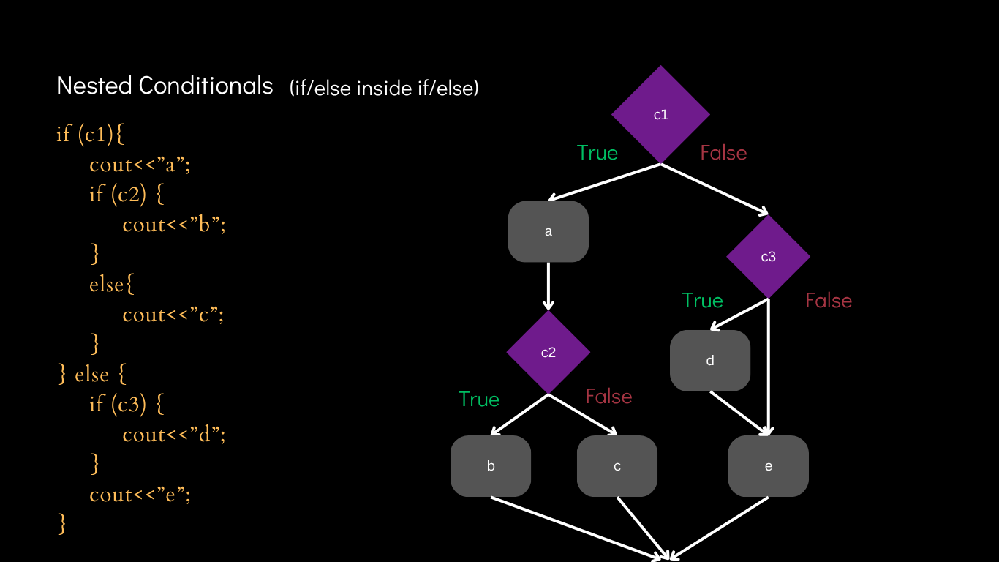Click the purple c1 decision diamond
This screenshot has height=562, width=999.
pyautogui.click(x=660, y=115)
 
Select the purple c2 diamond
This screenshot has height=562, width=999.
pyautogui.click(x=548, y=353)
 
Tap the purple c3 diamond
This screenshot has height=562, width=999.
pyautogui.click(x=768, y=257)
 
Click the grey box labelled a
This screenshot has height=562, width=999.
pyautogui.click(x=548, y=232)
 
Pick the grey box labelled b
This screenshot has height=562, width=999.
pyautogui.click(x=491, y=466)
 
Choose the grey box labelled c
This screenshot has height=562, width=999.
pyautogui.click(x=617, y=466)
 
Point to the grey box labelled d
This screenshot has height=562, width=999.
pyautogui.click(x=710, y=361)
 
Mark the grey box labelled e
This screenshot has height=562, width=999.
pyautogui.click(x=768, y=466)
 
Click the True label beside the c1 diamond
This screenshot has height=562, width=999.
pyautogui.click(x=597, y=153)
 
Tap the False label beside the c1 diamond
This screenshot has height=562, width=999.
pyautogui.click(x=723, y=153)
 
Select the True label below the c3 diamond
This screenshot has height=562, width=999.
pyautogui.click(x=702, y=301)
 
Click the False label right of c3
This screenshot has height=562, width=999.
pyautogui.click(x=829, y=301)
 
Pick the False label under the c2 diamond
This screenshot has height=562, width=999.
pyautogui.click(x=608, y=397)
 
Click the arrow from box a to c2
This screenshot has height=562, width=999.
pyautogui.click(x=548, y=285)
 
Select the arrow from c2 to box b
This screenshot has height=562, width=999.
pyautogui.click(x=519, y=415)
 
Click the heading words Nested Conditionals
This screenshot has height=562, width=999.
pyautogui.click(x=165, y=86)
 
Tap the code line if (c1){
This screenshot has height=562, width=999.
pyautogui.click(x=91, y=134)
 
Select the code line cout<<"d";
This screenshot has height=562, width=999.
pyautogui.click(x=174, y=434)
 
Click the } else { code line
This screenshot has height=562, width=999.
pyautogui.click(x=92, y=374)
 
